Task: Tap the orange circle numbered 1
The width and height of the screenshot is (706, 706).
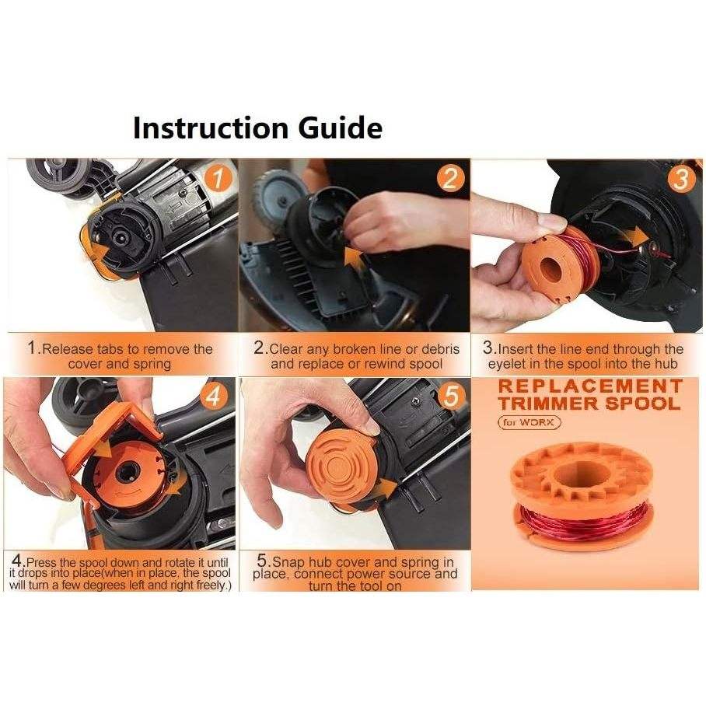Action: click(x=218, y=178)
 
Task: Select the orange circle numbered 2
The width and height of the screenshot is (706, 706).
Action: click(x=450, y=178)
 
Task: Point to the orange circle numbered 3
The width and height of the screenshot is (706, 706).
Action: click(x=681, y=179)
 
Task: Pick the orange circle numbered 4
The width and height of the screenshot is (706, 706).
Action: click(x=213, y=397)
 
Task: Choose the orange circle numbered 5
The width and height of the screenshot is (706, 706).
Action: click(x=451, y=397)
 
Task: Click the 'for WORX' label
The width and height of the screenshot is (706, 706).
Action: click(x=529, y=422)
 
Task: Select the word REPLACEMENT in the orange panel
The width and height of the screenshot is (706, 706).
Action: click(x=590, y=386)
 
